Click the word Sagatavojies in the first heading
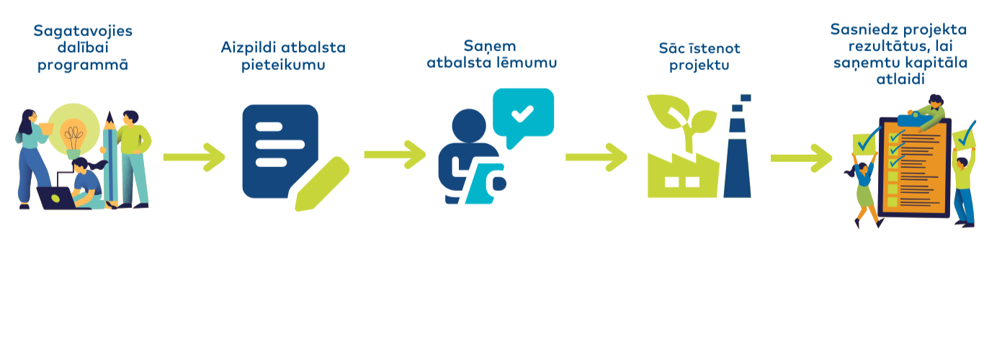tap(83, 31)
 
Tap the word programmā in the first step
tap(83, 65)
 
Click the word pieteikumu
tap(283, 65)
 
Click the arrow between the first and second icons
tap(194, 156)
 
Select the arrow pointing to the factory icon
tap(596, 156)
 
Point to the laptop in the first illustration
tap(56, 197)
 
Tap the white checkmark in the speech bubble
tap(522, 112)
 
